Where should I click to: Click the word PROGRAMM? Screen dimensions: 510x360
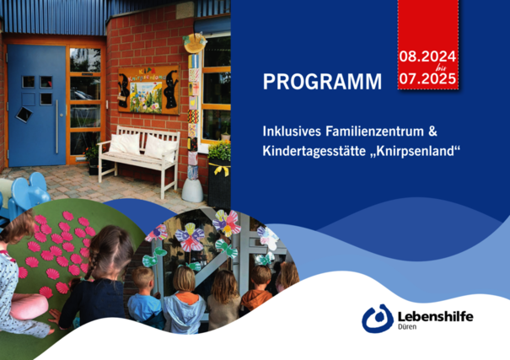[x=322, y=82]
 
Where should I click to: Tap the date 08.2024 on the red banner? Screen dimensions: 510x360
[x=427, y=56]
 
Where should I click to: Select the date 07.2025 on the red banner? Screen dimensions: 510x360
[x=427, y=78]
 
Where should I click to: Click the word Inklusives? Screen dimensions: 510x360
[x=292, y=132]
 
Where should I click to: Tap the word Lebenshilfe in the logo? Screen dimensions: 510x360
[x=436, y=316]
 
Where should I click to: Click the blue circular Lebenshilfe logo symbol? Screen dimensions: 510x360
[x=378, y=319]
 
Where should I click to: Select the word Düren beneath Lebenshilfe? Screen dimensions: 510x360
[x=407, y=326]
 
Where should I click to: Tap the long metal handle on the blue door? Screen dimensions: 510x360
[x=57, y=126]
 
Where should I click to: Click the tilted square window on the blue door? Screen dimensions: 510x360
[x=24, y=114]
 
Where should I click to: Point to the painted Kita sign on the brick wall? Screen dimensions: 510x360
[x=149, y=90]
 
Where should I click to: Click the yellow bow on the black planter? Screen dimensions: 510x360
[x=221, y=169]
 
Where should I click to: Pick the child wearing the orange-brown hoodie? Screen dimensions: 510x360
[x=258, y=291]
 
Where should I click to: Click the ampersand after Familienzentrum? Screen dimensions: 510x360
[x=433, y=132]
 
